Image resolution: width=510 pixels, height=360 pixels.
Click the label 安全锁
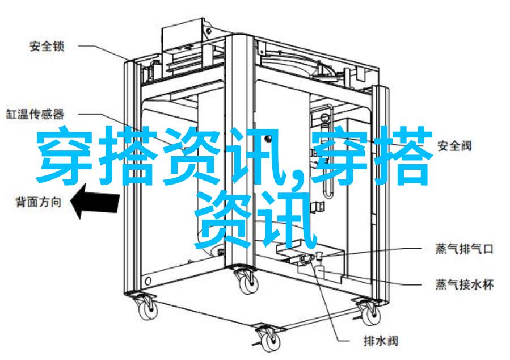tap(47, 46)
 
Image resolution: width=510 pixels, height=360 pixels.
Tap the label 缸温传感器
tap(35, 114)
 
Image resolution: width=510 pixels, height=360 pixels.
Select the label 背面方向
tap(39, 202)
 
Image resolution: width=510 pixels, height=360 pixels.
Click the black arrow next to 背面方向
tap(95, 201)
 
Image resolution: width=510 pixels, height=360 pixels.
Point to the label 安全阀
tap(454, 145)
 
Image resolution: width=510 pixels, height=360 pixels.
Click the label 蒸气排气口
tap(465, 249)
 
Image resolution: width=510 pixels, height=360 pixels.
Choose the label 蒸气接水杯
tap(465, 284)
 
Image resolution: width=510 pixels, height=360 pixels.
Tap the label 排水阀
tap(381, 341)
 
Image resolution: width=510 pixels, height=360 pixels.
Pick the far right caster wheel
tap(369, 312)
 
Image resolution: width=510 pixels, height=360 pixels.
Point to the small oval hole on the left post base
tap(149, 281)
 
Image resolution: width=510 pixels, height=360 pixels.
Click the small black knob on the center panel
tap(268, 139)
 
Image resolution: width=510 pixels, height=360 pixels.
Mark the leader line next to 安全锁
tap(103, 53)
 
